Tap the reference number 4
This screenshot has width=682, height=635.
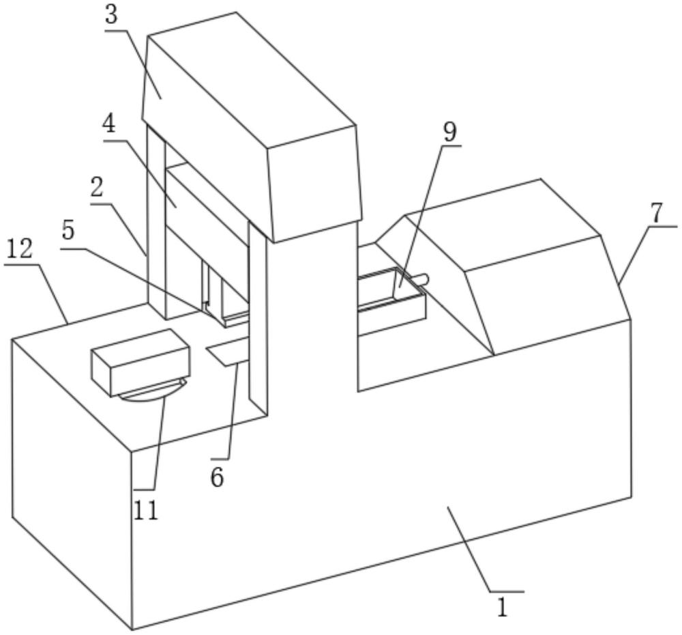click(108, 126)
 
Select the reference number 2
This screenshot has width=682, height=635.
click(97, 188)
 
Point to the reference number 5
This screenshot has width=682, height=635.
click(68, 231)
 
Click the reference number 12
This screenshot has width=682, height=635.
click(18, 249)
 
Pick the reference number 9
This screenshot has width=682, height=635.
click(449, 132)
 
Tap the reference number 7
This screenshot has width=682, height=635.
click(657, 212)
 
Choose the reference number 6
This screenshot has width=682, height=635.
click(217, 478)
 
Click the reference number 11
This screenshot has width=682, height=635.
click(146, 510)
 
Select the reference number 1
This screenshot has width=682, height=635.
click(503, 607)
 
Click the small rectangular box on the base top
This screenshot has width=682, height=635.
click(140, 363)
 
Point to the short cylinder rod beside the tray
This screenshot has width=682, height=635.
click(422, 279)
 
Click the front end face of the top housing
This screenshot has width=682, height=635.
click(315, 183)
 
